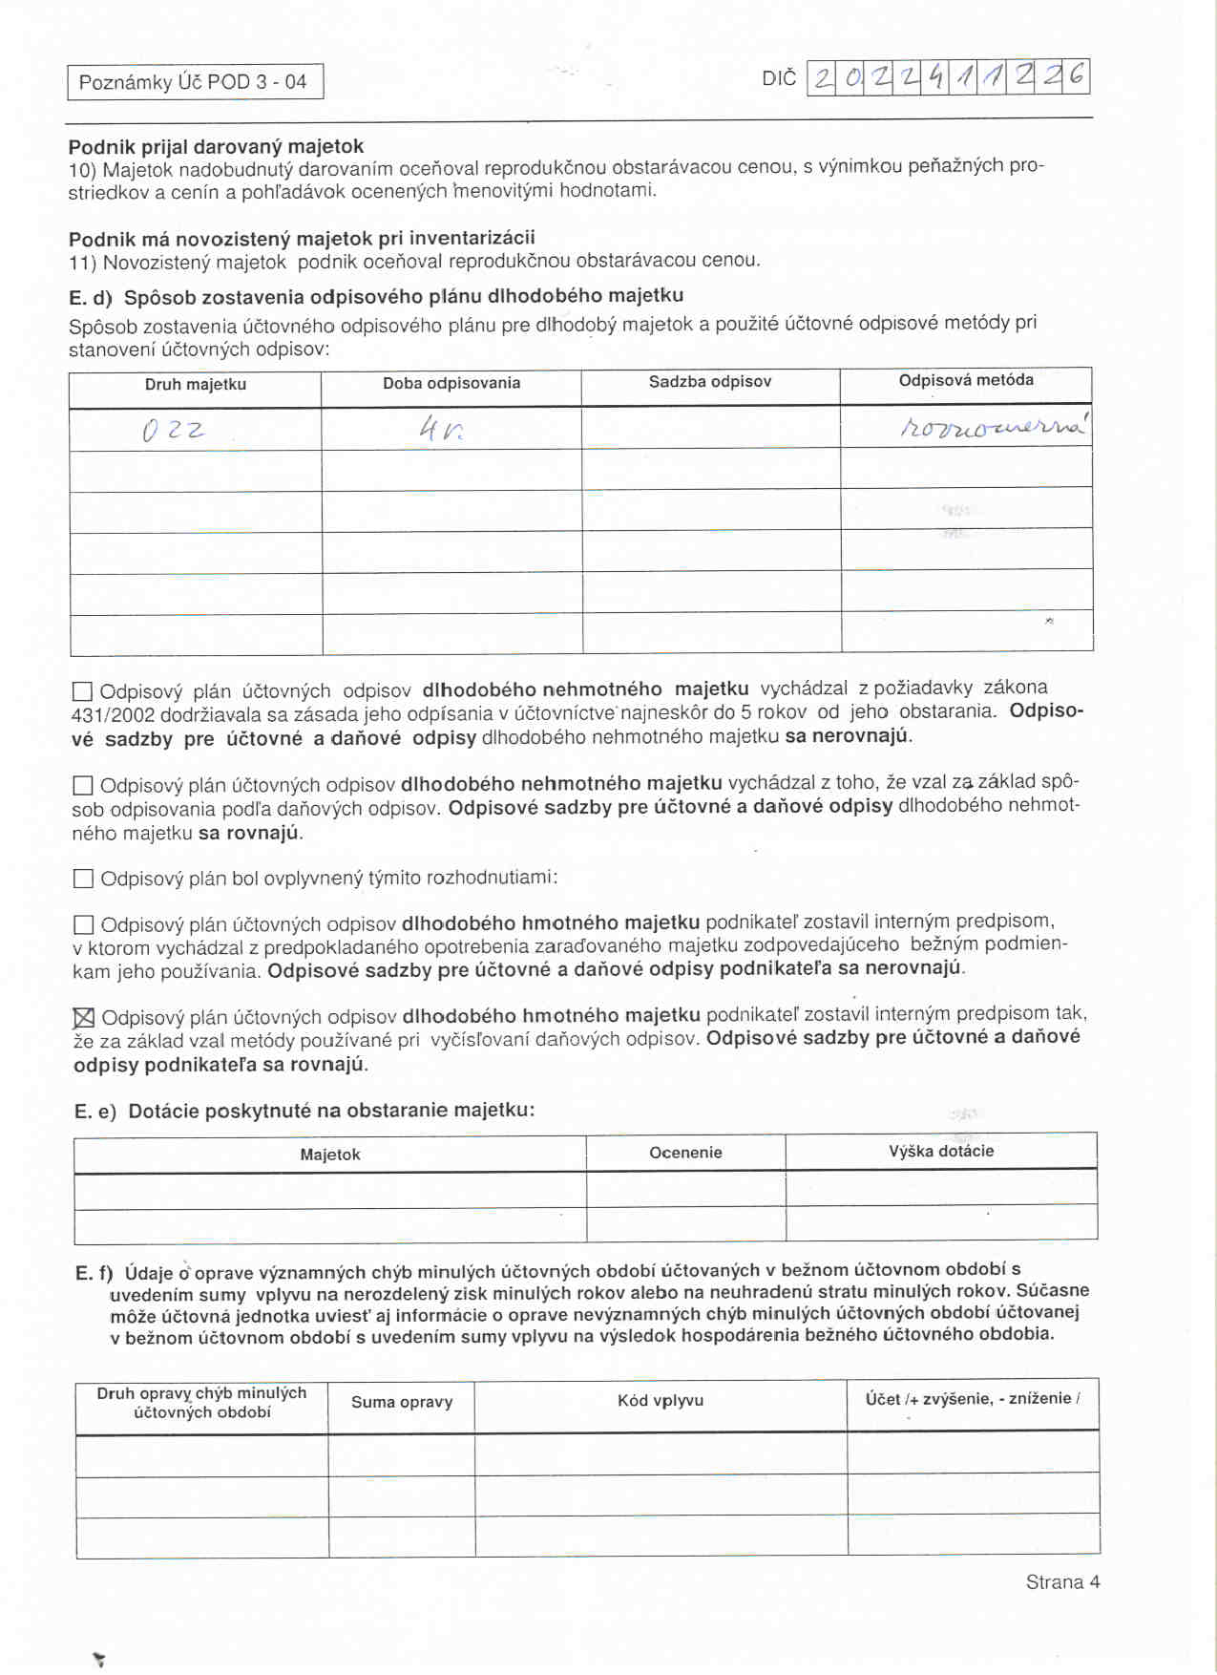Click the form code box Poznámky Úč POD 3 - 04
(x=195, y=82)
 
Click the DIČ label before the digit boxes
(x=778, y=78)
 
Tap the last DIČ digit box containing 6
(x=1077, y=75)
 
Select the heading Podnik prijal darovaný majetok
(x=216, y=146)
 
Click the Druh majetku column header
(x=196, y=384)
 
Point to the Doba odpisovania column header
(x=451, y=383)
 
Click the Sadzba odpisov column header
(x=710, y=382)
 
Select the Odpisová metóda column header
(x=966, y=380)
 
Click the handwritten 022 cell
(x=174, y=431)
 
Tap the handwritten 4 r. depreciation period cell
(x=441, y=430)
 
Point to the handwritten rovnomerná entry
(x=993, y=426)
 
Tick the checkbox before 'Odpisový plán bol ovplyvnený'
(x=83, y=879)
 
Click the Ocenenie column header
(x=685, y=1153)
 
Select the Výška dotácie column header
(x=941, y=1151)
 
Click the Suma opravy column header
(x=402, y=1402)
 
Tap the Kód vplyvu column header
(x=661, y=1400)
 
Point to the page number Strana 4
(x=1062, y=1582)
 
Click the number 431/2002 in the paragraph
(x=113, y=715)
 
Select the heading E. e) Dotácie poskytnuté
(x=304, y=1111)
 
